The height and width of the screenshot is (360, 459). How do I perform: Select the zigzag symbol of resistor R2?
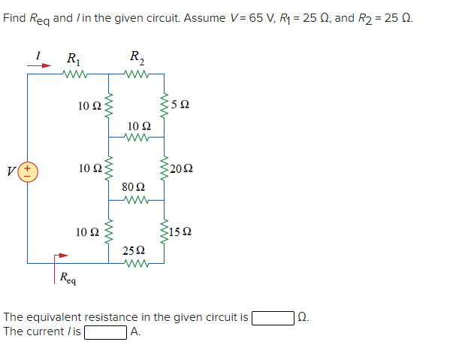click(137, 74)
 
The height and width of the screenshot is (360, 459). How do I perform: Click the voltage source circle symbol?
click(28, 171)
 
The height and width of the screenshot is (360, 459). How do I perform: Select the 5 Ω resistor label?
click(180, 105)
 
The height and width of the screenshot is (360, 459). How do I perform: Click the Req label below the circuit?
click(68, 278)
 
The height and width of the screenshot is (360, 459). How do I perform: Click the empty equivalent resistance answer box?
click(273, 317)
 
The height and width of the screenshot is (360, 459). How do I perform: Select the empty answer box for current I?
click(105, 331)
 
